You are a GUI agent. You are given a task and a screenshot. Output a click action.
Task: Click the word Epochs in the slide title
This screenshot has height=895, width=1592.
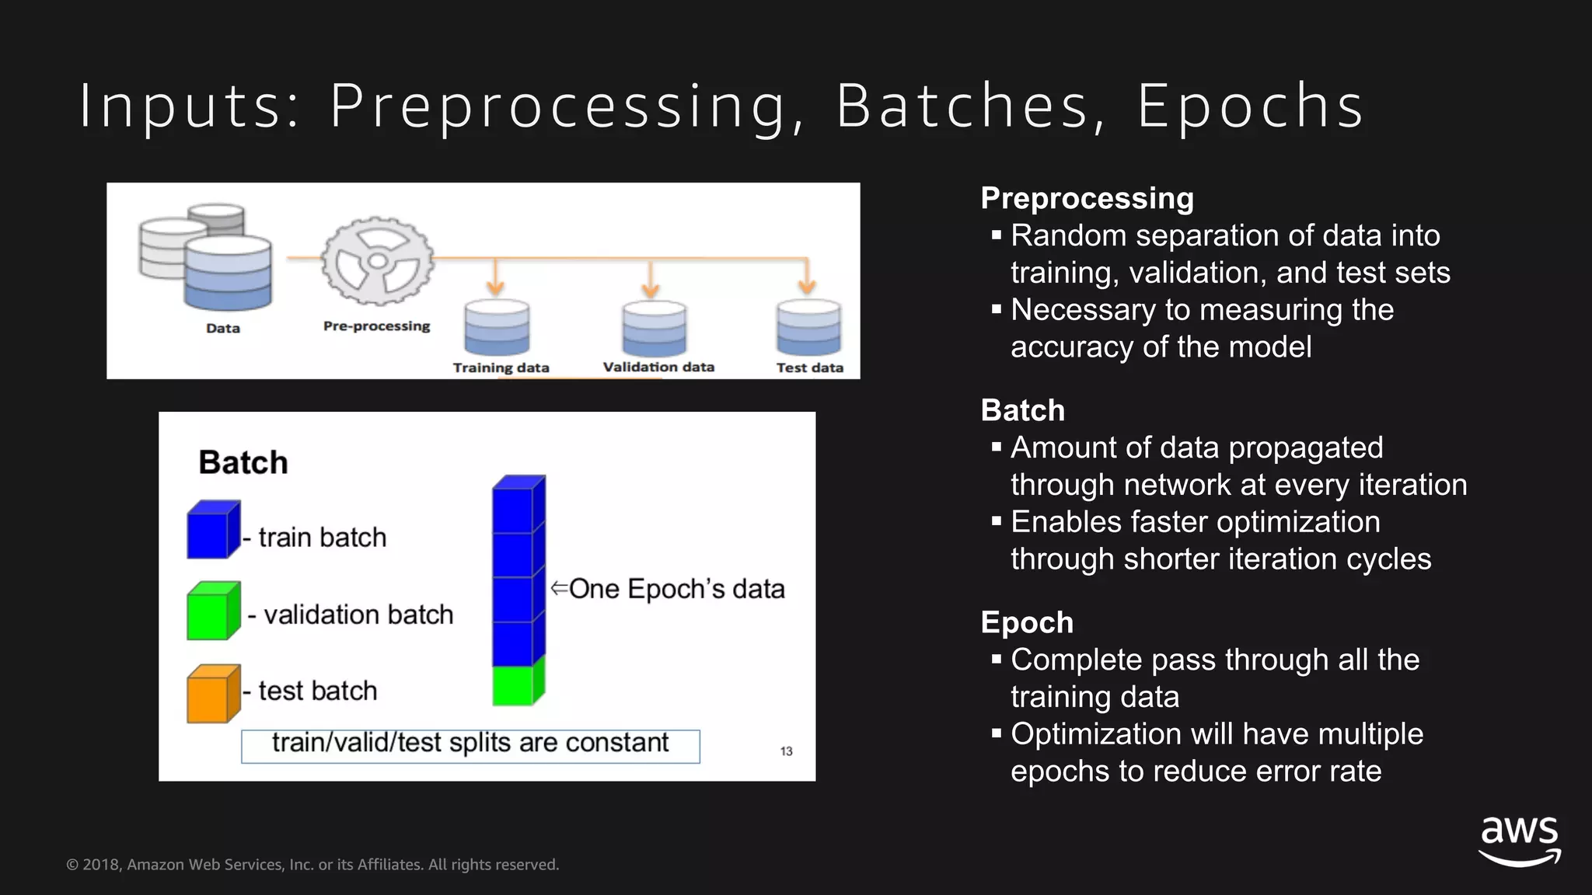[x=1249, y=107]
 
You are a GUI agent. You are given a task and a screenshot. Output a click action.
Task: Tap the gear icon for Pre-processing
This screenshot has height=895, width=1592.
[x=378, y=260]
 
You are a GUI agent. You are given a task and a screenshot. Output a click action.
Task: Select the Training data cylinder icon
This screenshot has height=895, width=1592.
[x=497, y=327]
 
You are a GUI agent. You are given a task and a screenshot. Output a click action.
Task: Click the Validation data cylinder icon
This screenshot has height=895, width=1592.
[x=654, y=327]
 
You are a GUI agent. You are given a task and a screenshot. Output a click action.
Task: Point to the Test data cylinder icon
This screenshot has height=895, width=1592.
[x=808, y=327]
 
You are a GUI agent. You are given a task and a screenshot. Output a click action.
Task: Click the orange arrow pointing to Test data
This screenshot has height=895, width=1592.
[x=807, y=280]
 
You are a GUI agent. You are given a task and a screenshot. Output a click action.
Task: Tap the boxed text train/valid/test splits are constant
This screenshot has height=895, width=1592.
[x=470, y=744]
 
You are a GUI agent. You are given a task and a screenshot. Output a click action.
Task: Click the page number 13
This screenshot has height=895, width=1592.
[x=786, y=751]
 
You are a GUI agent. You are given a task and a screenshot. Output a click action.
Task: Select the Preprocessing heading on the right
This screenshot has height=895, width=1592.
[x=1087, y=198]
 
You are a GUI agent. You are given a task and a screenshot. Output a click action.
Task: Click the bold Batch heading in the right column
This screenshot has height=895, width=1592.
[x=1022, y=410]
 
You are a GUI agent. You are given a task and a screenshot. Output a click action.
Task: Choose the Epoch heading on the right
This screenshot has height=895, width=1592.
[x=1026, y=622]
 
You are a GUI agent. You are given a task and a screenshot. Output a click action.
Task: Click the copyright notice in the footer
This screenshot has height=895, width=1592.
[x=312, y=865]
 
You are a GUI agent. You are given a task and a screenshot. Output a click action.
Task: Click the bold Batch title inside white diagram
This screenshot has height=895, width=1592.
[x=243, y=462]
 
